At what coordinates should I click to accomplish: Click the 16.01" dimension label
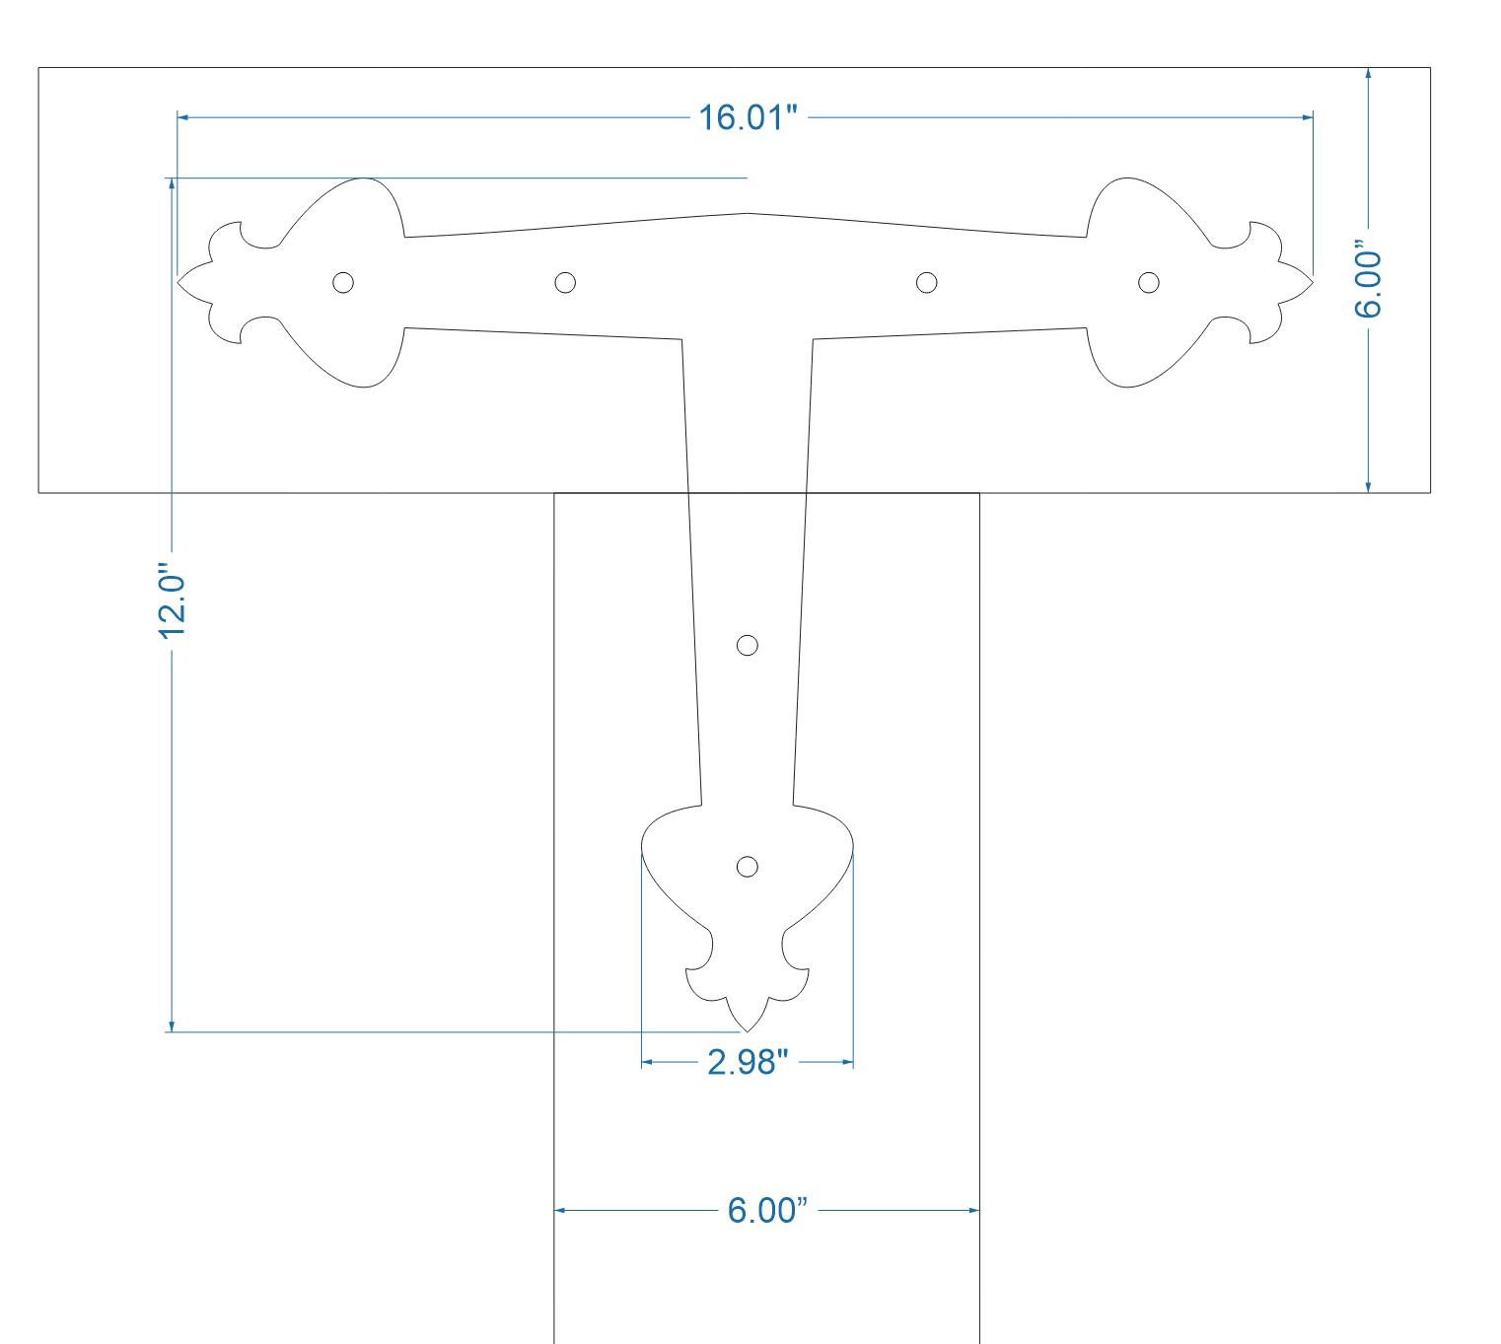coord(748,117)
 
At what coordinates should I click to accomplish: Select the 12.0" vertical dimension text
coord(173,601)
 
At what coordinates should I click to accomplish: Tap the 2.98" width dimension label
coord(748,1062)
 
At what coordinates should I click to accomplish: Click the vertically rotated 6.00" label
coord(1368,279)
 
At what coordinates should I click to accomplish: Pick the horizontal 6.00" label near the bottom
coord(767,1210)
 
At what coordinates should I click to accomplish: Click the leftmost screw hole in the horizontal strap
coord(343,283)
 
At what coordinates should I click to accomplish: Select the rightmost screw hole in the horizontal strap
coord(1149,283)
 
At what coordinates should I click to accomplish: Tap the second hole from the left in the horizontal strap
coord(565,283)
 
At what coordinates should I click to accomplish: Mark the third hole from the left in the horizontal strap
coord(927,283)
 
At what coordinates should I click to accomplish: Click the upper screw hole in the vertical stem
coord(748,646)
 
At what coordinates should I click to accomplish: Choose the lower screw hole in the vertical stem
coord(748,867)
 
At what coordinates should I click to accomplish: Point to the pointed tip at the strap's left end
coord(179,283)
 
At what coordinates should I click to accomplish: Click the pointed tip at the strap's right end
coord(1312,283)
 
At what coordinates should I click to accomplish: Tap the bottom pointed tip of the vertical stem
coord(748,1030)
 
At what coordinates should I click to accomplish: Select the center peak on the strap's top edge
coord(748,213)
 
